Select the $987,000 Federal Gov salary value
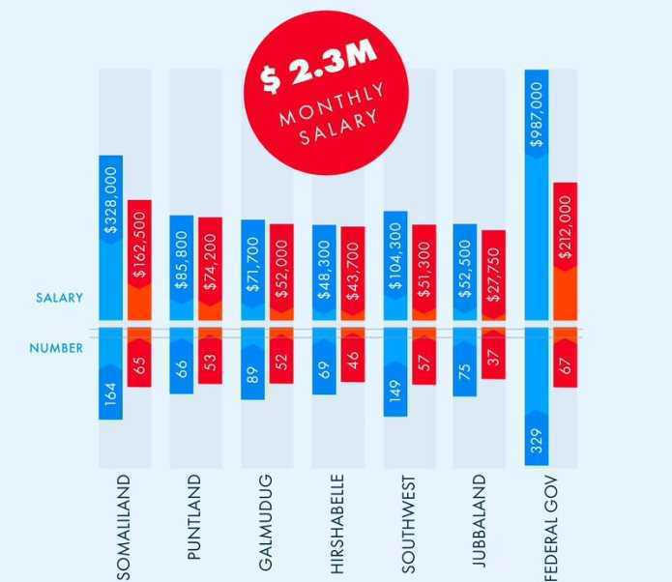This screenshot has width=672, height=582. tap(537, 114)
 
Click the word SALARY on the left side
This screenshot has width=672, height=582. tap(59, 298)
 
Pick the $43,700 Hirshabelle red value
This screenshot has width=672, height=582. tap(353, 272)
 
